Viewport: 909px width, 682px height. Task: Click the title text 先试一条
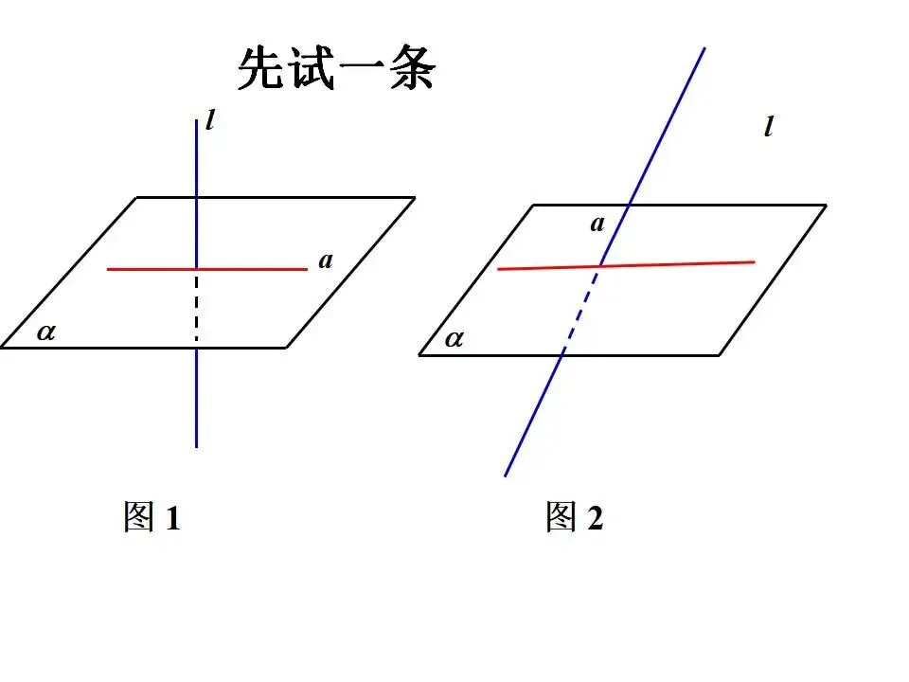click(x=335, y=69)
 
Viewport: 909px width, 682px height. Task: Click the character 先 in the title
click(x=261, y=69)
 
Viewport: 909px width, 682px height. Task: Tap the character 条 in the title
click(x=411, y=69)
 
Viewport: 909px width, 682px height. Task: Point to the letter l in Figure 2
click(x=768, y=127)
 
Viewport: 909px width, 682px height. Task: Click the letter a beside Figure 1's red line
click(x=326, y=260)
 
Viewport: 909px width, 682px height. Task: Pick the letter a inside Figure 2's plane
click(x=597, y=224)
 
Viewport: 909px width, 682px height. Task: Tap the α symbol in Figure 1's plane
click(x=45, y=332)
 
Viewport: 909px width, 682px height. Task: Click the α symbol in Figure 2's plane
click(x=454, y=338)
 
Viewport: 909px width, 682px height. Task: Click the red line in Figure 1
click(x=151, y=269)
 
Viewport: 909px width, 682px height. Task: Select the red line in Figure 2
click(x=682, y=263)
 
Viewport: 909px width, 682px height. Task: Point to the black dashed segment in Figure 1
click(x=196, y=308)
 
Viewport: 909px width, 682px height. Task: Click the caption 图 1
click(x=151, y=517)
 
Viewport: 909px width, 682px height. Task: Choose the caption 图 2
click(x=574, y=517)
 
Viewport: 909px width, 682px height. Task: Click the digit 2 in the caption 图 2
click(x=594, y=518)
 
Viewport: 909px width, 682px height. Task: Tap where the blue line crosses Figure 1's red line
click(x=196, y=269)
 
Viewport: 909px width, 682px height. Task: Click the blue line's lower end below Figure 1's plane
click(x=196, y=444)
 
